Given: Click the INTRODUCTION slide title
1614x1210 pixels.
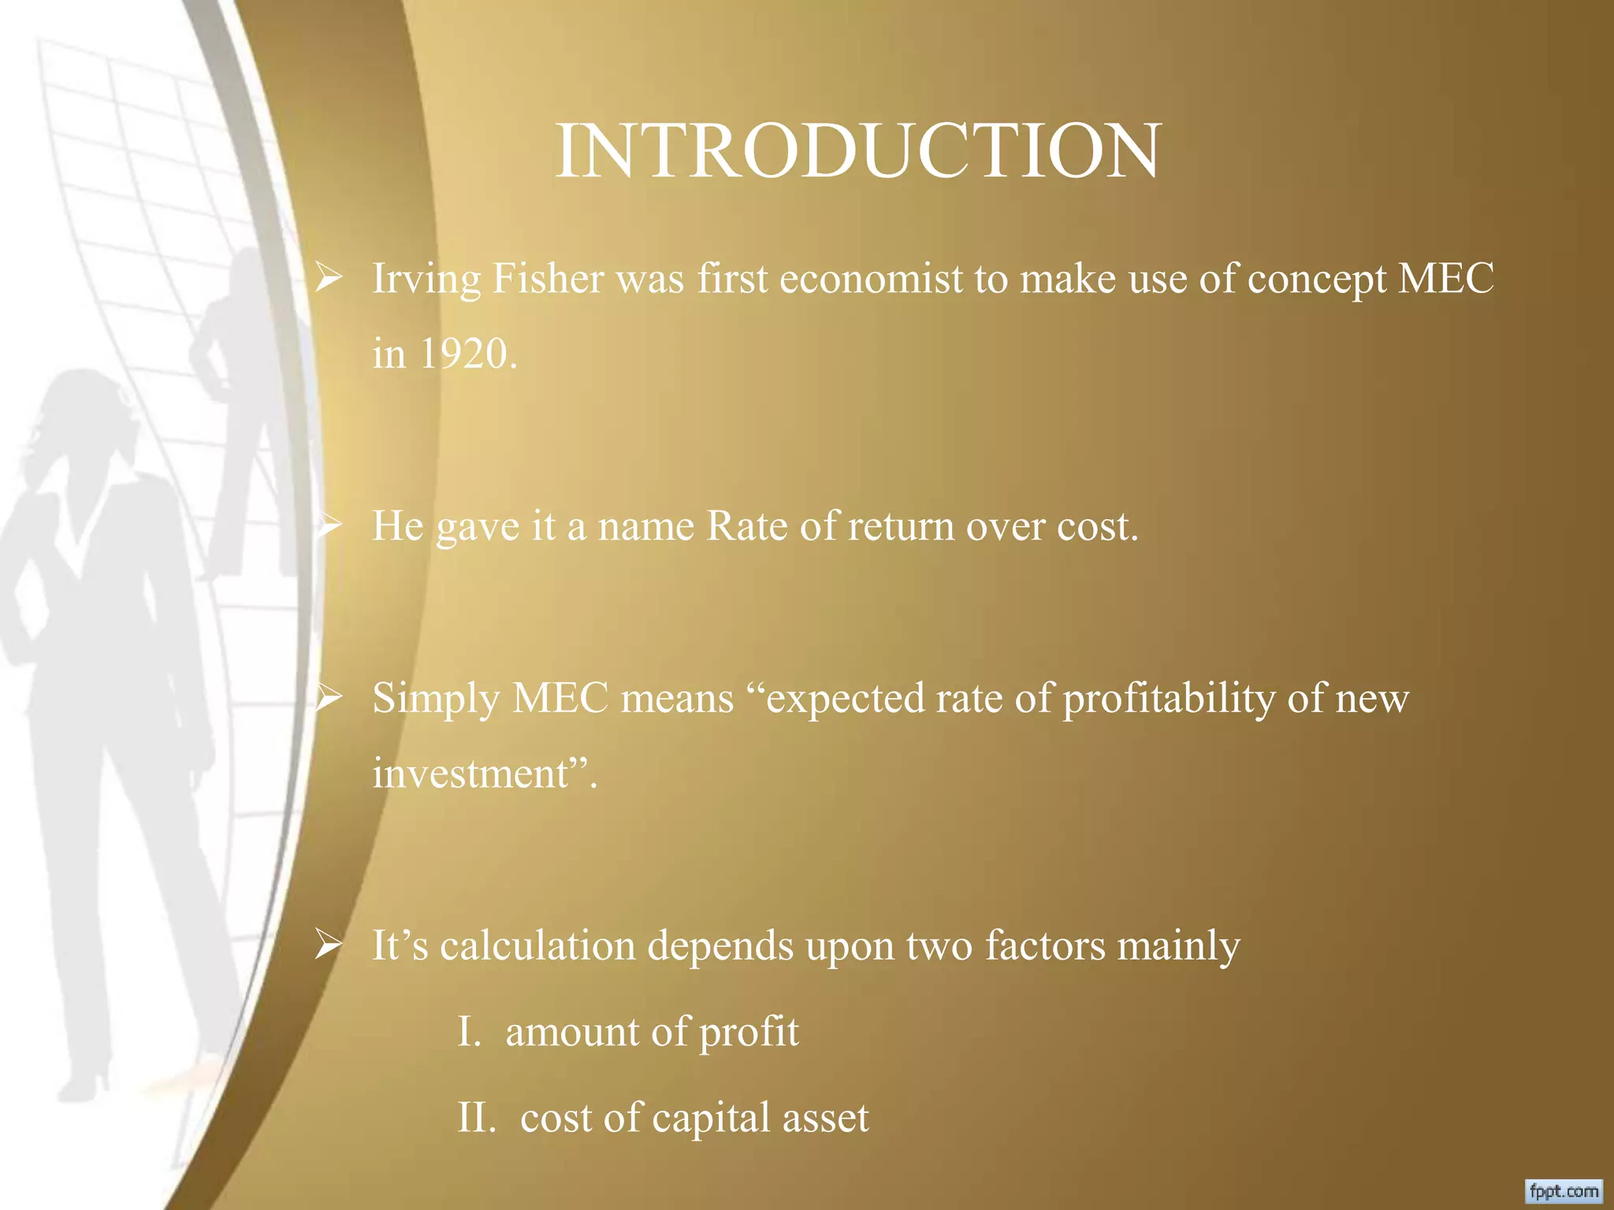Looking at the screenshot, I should [857, 151].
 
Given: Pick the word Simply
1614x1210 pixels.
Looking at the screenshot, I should [436, 700].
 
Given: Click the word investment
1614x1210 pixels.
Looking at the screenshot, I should [470, 773].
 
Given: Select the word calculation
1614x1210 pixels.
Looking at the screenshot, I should [537, 945].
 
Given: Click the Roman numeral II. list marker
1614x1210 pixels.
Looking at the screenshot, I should [476, 1118].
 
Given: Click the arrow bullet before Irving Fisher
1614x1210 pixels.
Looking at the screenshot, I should [328, 278].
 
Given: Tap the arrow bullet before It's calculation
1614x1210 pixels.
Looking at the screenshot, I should [328, 945].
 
